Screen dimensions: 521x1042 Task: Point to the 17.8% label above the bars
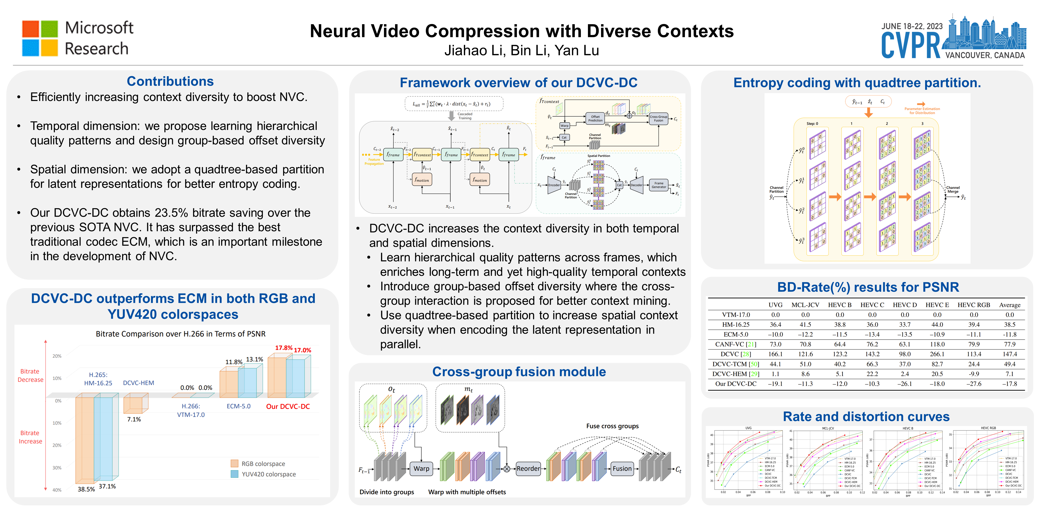284,348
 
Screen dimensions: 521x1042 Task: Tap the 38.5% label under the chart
86,489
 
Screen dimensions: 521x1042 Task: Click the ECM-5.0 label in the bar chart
238,406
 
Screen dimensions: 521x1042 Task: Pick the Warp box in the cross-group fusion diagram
421,468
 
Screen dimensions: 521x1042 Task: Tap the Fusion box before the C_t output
622,468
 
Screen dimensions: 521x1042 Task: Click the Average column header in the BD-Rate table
1010,305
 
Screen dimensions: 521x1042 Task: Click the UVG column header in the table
775,305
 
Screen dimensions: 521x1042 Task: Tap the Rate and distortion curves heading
866,417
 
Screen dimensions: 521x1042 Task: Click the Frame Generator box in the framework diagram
658,185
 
